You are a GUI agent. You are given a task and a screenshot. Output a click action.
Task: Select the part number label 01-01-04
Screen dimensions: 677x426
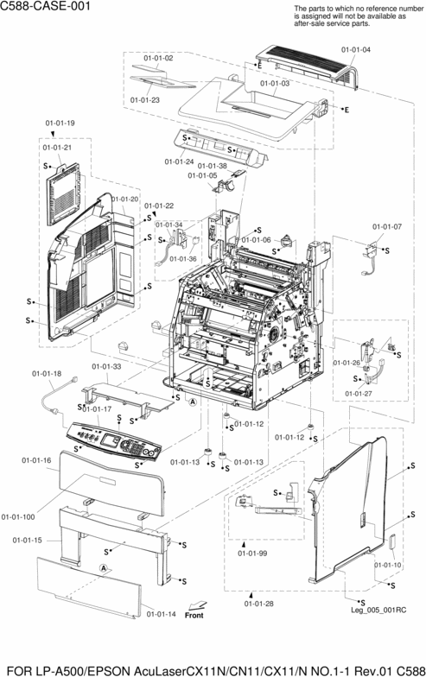coord(355,49)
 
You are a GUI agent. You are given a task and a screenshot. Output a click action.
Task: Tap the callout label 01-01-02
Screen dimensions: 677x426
coord(158,57)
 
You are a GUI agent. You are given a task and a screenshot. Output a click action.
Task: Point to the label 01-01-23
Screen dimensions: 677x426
coord(145,100)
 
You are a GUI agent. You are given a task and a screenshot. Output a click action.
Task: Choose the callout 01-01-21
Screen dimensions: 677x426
coord(57,148)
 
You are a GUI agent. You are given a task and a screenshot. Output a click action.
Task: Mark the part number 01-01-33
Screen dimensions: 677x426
coord(106,366)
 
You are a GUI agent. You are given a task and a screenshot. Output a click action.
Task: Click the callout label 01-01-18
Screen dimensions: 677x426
coord(47,373)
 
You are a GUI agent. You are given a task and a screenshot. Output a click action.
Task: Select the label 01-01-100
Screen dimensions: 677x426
coord(18,516)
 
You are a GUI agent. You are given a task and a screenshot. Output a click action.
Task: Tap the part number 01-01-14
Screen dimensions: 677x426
coord(161,614)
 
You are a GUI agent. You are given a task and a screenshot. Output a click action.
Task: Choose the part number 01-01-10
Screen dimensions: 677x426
coord(388,565)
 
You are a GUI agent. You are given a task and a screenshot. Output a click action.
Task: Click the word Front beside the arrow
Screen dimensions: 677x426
coord(194,616)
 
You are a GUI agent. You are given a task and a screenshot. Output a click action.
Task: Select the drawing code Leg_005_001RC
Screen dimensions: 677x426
coord(378,609)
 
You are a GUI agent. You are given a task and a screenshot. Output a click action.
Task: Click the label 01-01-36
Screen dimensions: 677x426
coord(182,258)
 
